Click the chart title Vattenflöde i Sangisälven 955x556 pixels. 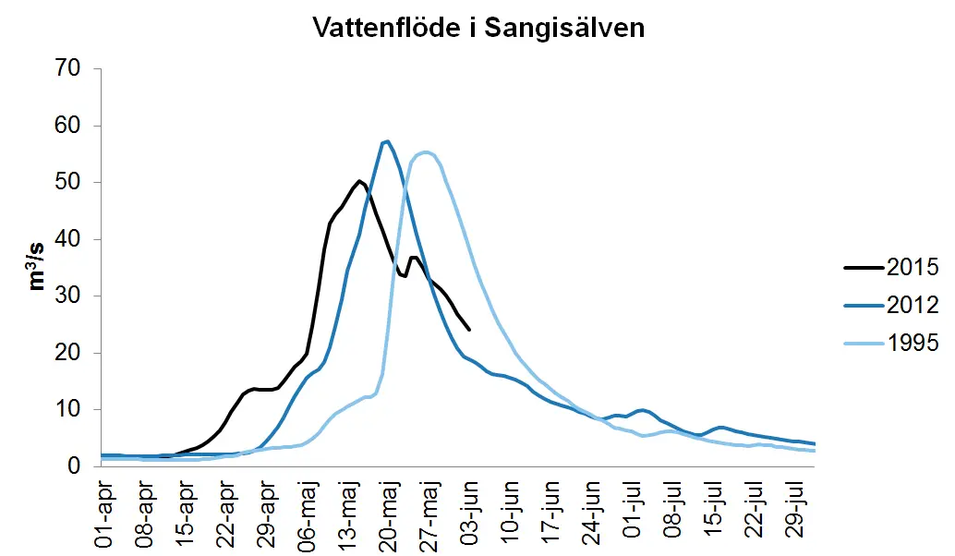pyautogui.click(x=478, y=28)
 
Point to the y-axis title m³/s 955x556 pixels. pyautogui.click(x=38, y=267)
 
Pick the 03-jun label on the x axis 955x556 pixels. pyautogui.click(x=471, y=511)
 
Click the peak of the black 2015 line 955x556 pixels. pyautogui.click(x=359, y=181)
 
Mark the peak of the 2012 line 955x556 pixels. pyautogui.click(x=387, y=141)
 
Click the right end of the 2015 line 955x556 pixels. pyautogui.click(x=469, y=329)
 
